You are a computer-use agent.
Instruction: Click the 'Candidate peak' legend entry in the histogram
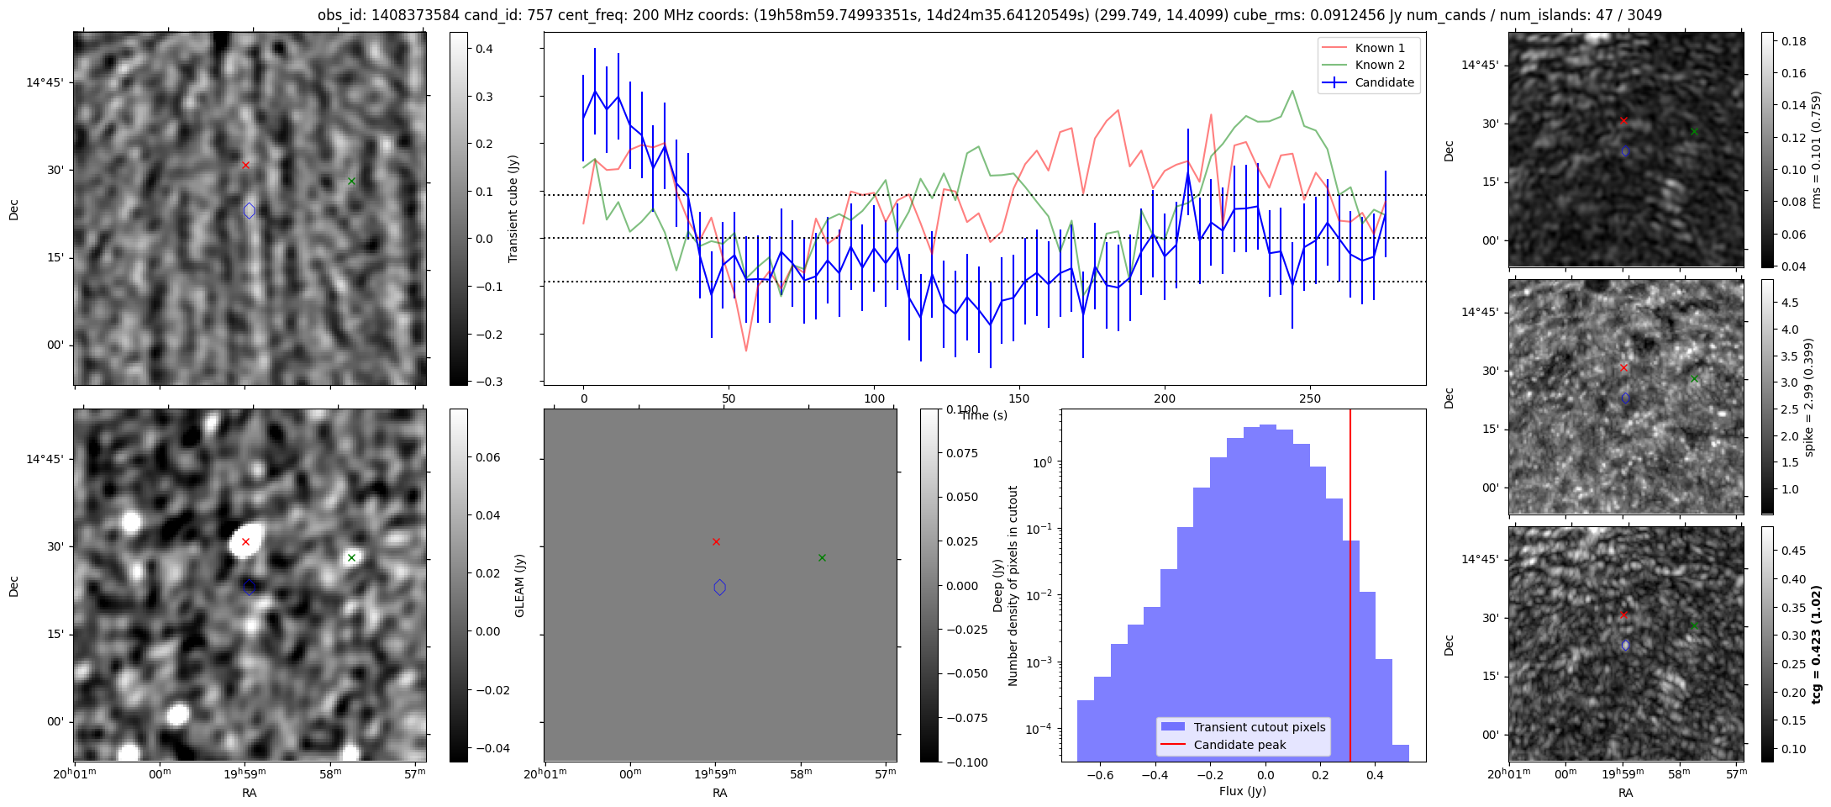click(x=1239, y=745)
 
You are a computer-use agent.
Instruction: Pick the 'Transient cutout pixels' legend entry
click(x=1259, y=727)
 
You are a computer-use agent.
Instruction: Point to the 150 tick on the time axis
click(x=1019, y=398)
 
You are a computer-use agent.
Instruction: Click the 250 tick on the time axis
click(x=1310, y=398)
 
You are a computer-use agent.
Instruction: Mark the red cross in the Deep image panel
click(x=245, y=541)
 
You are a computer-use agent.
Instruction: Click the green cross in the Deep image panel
click(x=351, y=557)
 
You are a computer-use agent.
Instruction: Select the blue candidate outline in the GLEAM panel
click(x=719, y=588)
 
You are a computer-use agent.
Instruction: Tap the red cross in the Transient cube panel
click(x=245, y=165)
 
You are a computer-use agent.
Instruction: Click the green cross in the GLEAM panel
click(x=822, y=557)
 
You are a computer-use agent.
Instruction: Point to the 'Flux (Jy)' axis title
click(x=1242, y=791)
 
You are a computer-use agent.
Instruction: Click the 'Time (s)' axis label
click(x=983, y=415)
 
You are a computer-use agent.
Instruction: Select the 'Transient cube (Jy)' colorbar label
click(x=513, y=208)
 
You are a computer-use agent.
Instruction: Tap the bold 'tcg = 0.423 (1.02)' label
click(x=1816, y=644)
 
